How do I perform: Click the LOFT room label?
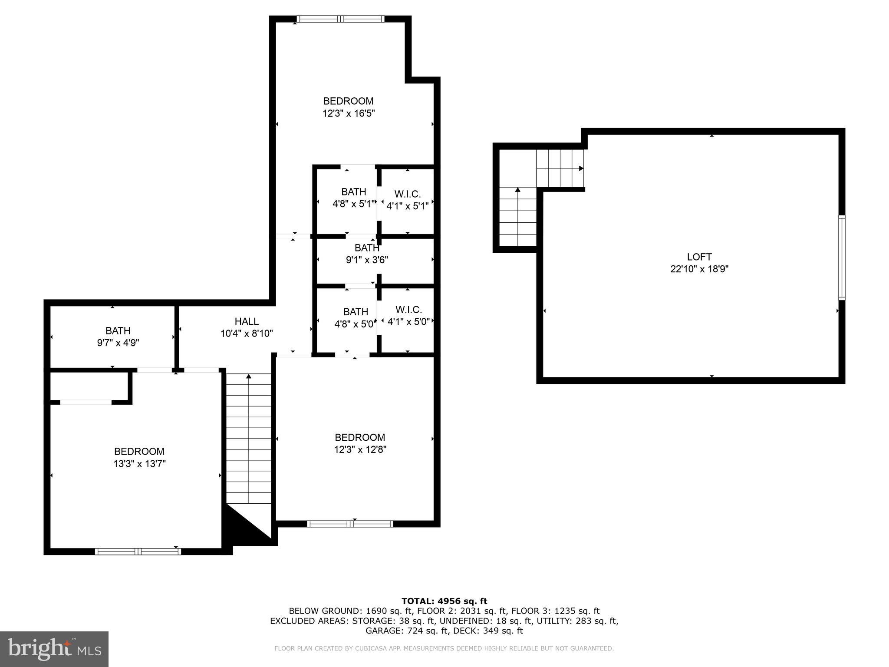click(699, 257)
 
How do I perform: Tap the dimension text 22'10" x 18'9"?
click(699, 269)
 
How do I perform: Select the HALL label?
click(247, 321)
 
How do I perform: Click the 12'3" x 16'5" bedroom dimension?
click(348, 114)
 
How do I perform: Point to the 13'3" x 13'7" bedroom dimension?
click(139, 464)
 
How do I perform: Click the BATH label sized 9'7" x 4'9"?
click(118, 331)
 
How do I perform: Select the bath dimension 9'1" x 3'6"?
click(367, 260)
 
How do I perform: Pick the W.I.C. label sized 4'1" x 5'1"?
click(407, 194)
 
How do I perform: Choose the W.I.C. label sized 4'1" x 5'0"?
click(408, 310)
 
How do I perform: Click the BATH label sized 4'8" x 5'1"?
click(353, 192)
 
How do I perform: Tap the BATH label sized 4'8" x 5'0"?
click(356, 312)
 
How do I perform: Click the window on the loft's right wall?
click(841, 258)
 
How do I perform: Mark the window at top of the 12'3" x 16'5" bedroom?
click(340, 19)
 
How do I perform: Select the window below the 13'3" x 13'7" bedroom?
click(138, 551)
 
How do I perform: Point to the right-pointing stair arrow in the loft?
click(581, 168)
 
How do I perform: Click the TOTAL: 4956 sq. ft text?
click(444, 601)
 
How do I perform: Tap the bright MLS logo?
click(54, 649)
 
